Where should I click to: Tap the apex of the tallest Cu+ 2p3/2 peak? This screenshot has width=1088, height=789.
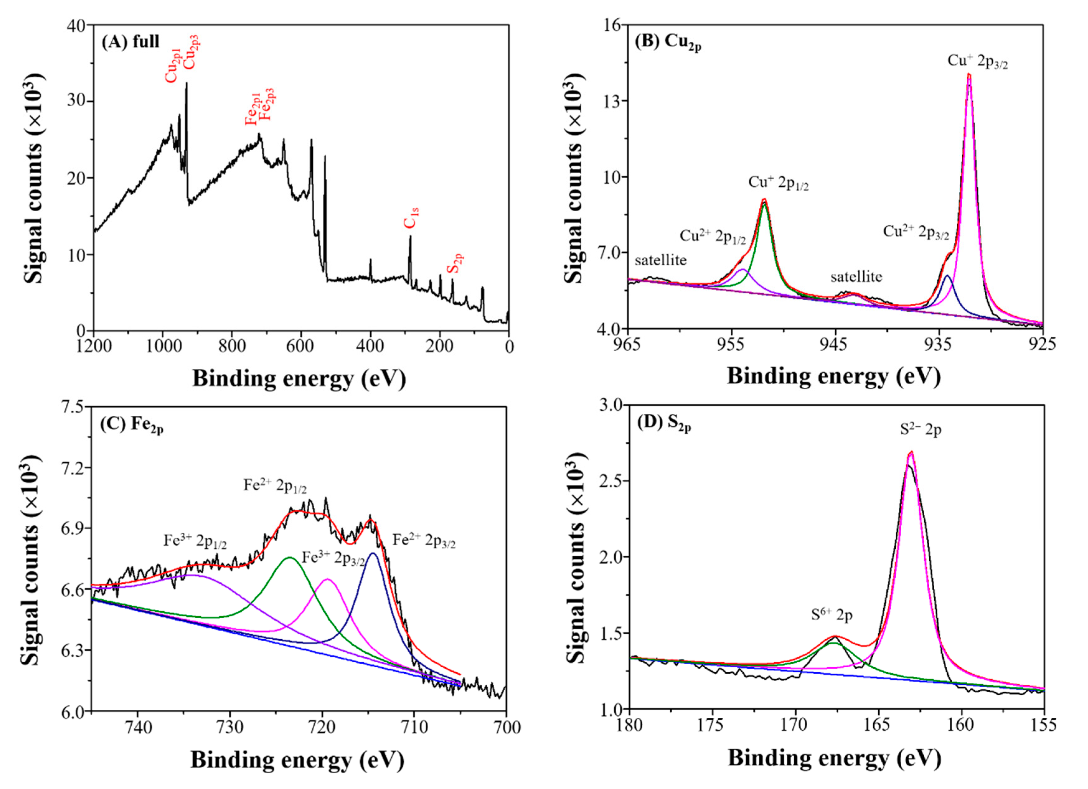969,75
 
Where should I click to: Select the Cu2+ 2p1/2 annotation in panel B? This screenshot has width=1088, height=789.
712,236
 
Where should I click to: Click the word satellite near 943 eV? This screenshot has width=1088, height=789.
856,277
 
